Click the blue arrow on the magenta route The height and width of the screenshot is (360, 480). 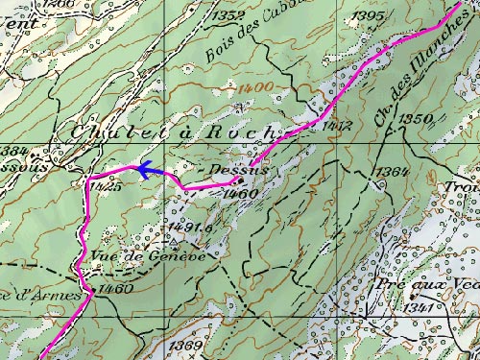click(x=144, y=171)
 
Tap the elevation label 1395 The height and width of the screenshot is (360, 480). click(x=369, y=16)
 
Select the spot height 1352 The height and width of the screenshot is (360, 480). click(x=230, y=15)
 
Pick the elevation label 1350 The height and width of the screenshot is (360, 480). click(x=418, y=118)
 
